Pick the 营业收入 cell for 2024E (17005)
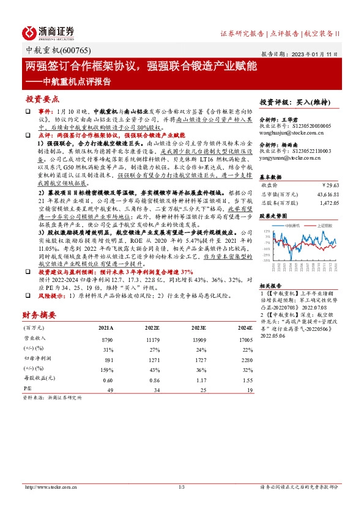245,338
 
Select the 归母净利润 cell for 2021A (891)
109,360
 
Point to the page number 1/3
182,487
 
